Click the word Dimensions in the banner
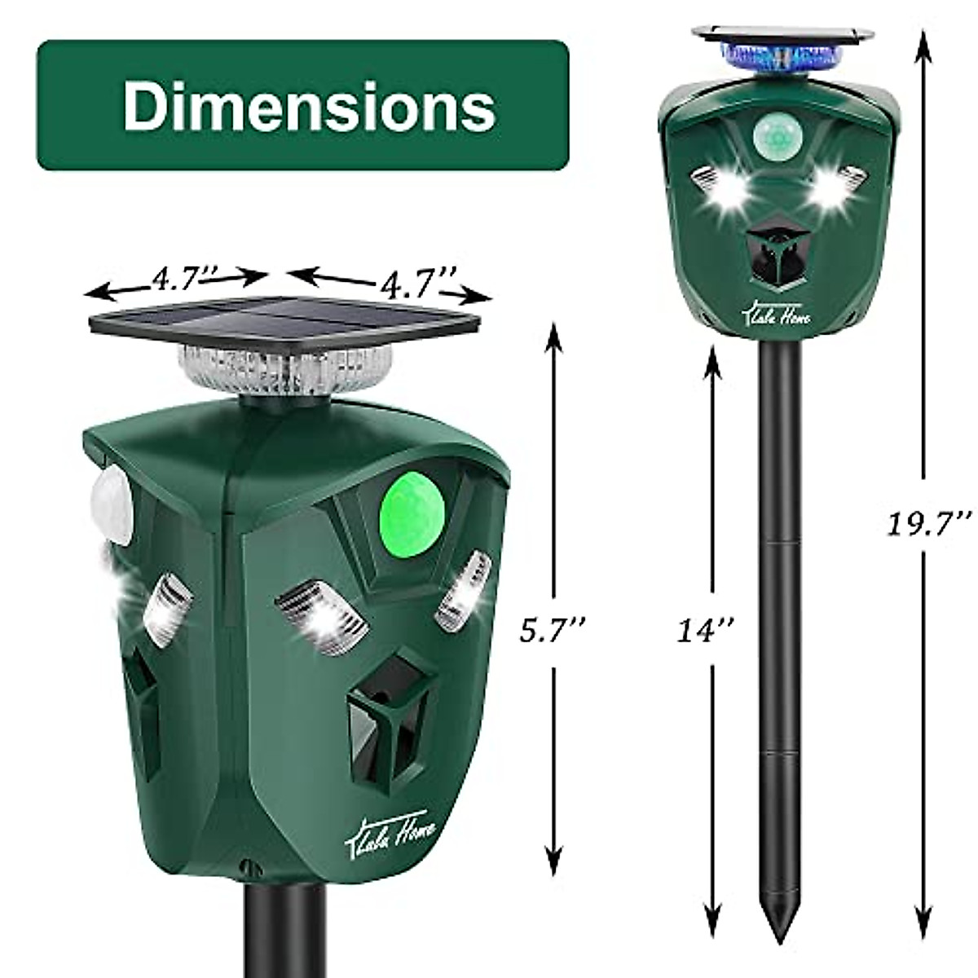309,106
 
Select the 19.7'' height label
929,522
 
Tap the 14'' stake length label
708,629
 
